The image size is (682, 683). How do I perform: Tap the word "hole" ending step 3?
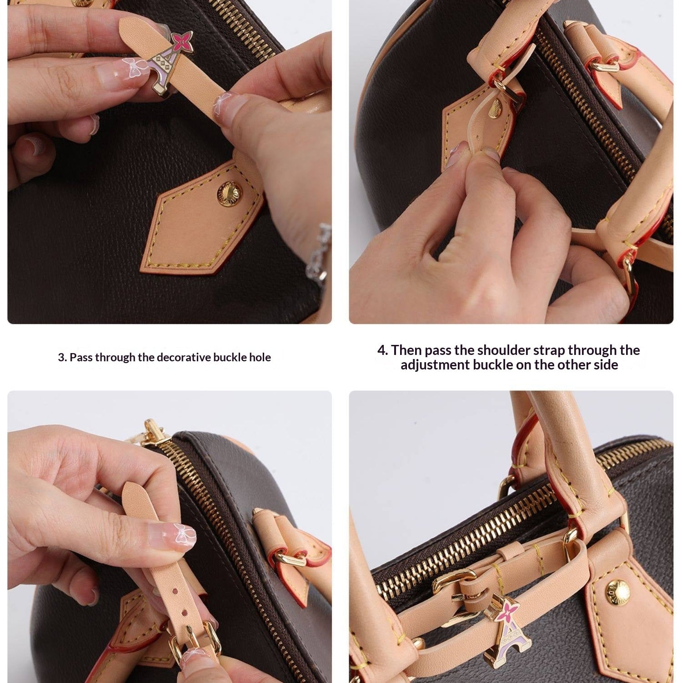point(260,358)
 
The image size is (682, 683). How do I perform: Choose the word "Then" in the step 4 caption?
point(406,350)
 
